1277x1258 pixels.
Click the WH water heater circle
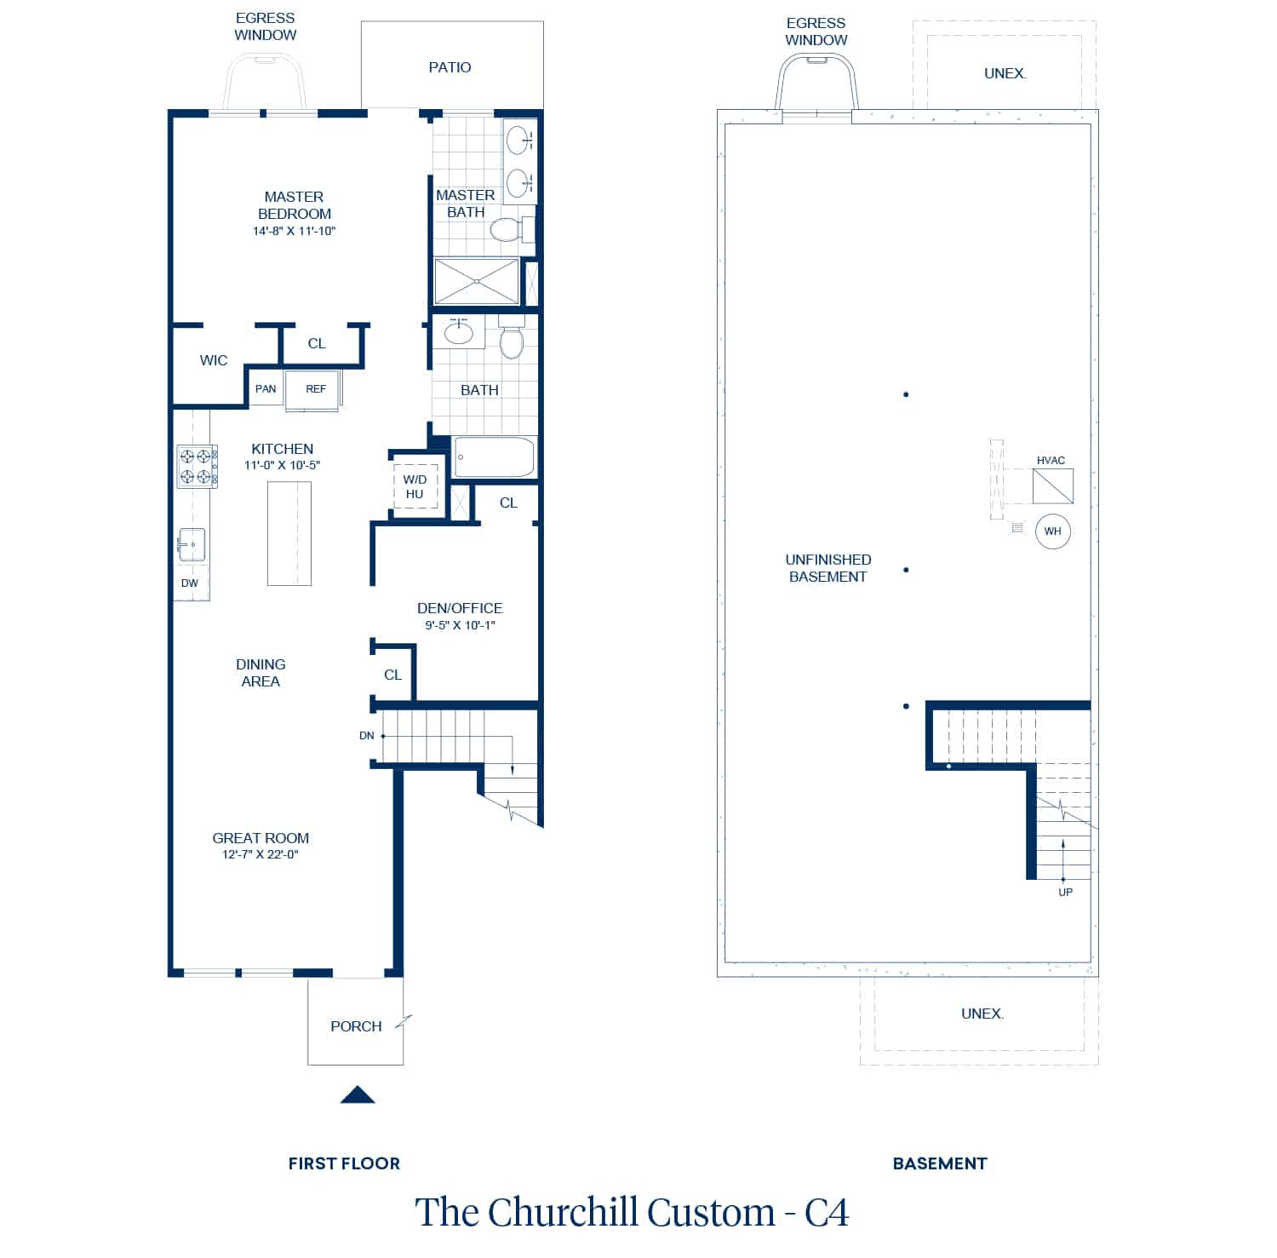coord(1053,531)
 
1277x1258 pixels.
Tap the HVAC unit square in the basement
coord(1053,486)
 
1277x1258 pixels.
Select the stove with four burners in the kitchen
coord(197,467)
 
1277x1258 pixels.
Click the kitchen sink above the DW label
coord(192,544)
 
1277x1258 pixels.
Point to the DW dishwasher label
coord(189,583)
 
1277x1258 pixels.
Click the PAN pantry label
coord(266,389)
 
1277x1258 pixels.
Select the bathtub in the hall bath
coord(495,457)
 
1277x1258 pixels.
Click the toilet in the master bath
coord(508,229)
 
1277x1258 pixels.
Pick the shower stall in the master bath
coord(477,281)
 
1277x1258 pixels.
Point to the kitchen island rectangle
coord(289,533)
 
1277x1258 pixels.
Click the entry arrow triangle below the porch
coord(358,1095)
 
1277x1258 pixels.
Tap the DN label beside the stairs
coord(366,736)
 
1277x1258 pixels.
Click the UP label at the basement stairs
coord(1065,893)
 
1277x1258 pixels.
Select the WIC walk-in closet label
coord(214,360)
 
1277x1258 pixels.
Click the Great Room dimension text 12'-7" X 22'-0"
coord(261,854)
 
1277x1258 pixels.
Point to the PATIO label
coord(450,67)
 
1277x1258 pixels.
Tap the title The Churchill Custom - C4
coord(632,1212)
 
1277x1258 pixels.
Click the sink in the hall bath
coord(459,332)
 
